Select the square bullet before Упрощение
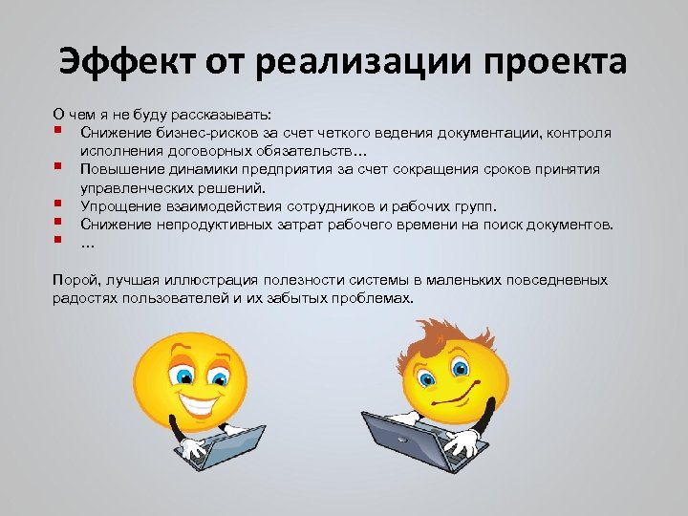click(x=59, y=204)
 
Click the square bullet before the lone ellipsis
click(x=59, y=240)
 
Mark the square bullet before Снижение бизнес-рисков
click(x=59, y=131)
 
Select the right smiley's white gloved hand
click(x=463, y=442)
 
